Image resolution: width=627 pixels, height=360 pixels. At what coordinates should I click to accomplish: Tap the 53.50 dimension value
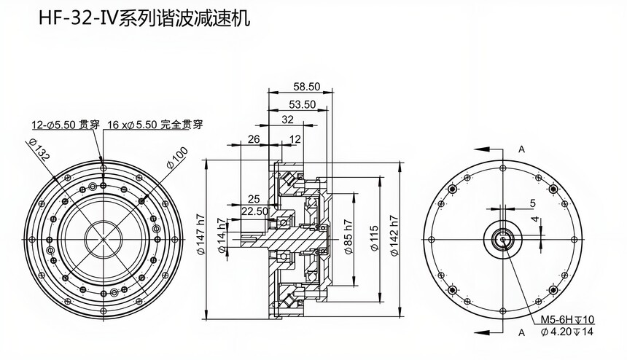point(301,104)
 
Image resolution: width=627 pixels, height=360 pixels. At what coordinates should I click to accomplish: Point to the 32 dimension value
point(287,120)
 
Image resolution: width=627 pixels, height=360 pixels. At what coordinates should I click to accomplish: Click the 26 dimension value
point(254,138)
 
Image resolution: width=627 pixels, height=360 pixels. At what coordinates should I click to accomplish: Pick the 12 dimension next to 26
point(295,138)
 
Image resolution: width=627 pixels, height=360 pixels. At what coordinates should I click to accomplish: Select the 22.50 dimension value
point(254,211)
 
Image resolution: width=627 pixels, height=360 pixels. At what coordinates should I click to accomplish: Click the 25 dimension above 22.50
point(254,198)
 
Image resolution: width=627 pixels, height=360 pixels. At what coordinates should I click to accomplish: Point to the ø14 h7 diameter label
point(222,239)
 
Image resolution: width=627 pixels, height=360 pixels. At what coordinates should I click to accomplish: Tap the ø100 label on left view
point(176,157)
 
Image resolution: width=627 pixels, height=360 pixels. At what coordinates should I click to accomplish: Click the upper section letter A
point(521,149)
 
